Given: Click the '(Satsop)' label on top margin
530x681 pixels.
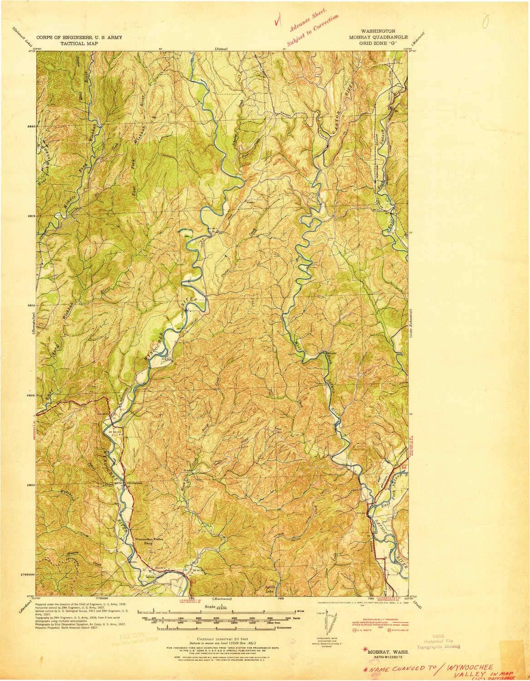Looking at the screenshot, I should [x=221, y=49].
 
